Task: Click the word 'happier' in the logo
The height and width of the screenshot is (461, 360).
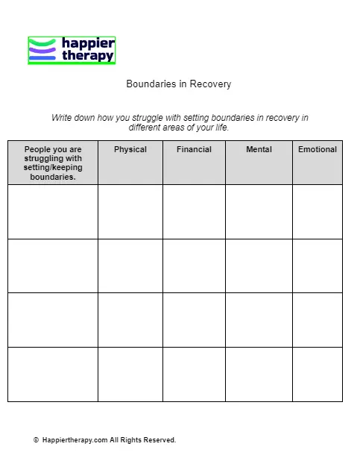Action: (88, 44)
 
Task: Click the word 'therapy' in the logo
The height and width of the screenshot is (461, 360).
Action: (88, 56)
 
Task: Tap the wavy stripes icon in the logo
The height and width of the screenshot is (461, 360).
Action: (42, 51)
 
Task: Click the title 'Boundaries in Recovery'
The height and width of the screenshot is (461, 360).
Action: (179, 84)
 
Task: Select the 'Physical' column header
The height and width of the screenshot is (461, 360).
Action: (130, 150)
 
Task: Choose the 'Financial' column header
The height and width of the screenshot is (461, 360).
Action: (194, 150)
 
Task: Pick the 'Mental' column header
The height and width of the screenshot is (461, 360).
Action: (259, 150)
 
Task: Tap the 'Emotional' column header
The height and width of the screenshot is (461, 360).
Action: (318, 150)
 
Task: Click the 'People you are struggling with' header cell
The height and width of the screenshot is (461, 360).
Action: (53, 163)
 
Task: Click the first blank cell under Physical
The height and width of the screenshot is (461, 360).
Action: (130, 212)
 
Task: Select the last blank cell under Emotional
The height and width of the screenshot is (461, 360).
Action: (318, 374)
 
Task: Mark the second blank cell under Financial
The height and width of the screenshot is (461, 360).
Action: (194, 266)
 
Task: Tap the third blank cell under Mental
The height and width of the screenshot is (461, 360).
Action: (259, 320)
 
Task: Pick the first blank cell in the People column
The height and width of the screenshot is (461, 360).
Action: (53, 212)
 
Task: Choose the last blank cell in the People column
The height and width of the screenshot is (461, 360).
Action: (53, 374)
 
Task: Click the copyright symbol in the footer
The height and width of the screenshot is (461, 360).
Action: (36, 441)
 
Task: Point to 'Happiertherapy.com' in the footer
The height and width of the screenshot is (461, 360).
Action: (75, 441)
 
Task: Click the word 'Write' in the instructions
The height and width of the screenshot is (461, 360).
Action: (62, 118)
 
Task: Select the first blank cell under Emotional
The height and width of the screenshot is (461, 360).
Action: (318, 212)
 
